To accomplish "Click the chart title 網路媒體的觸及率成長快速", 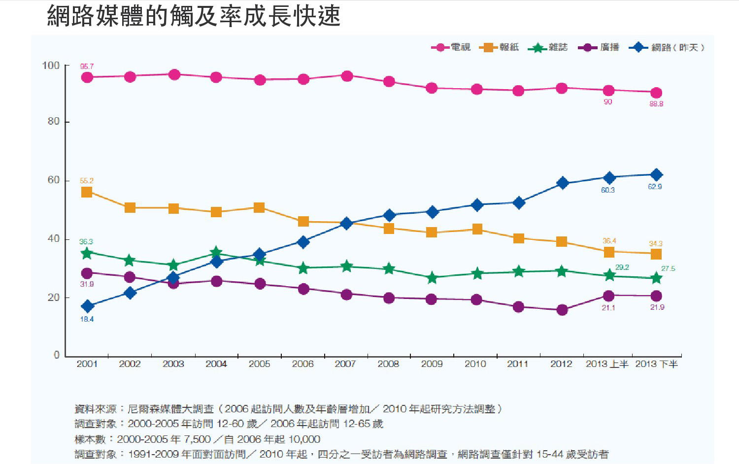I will [x=194, y=16].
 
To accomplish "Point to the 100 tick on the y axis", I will [x=51, y=66].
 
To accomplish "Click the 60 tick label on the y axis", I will [x=53, y=180].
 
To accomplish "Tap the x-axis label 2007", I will [x=345, y=364].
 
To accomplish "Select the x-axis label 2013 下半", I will [x=656, y=364].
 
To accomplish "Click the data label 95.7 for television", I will [x=87, y=66].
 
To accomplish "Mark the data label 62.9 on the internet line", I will [x=655, y=187].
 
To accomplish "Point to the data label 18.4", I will [x=87, y=319].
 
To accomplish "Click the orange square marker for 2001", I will [x=87, y=192].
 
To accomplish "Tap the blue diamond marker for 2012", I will [x=562, y=183].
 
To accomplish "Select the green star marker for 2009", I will [x=432, y=278].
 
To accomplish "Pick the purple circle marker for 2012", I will [x=562, y=310].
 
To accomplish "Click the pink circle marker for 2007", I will [x=347, y=76].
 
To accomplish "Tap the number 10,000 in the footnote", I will [x=304, y=439].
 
